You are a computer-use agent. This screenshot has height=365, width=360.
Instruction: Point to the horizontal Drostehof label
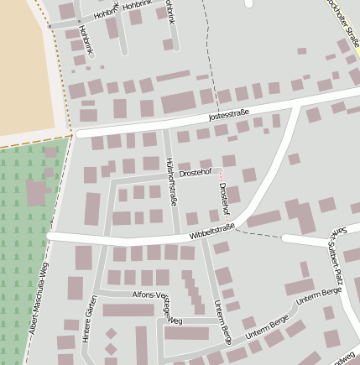[194, 172]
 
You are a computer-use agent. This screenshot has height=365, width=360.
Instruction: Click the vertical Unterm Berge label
[222, 323]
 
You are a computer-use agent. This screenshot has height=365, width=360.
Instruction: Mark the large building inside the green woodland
[37, 193]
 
